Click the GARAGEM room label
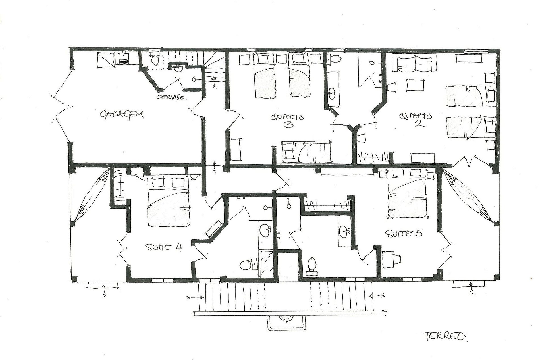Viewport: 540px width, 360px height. [x=121, y=115]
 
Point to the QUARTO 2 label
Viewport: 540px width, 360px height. [x=416, y=120]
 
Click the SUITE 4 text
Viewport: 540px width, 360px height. [x=164, y=247]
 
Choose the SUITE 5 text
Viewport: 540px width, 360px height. [x=404, y=234]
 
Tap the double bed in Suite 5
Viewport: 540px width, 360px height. [x=407, y=193]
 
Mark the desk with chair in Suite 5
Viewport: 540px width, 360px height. [x=391, y=259]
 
